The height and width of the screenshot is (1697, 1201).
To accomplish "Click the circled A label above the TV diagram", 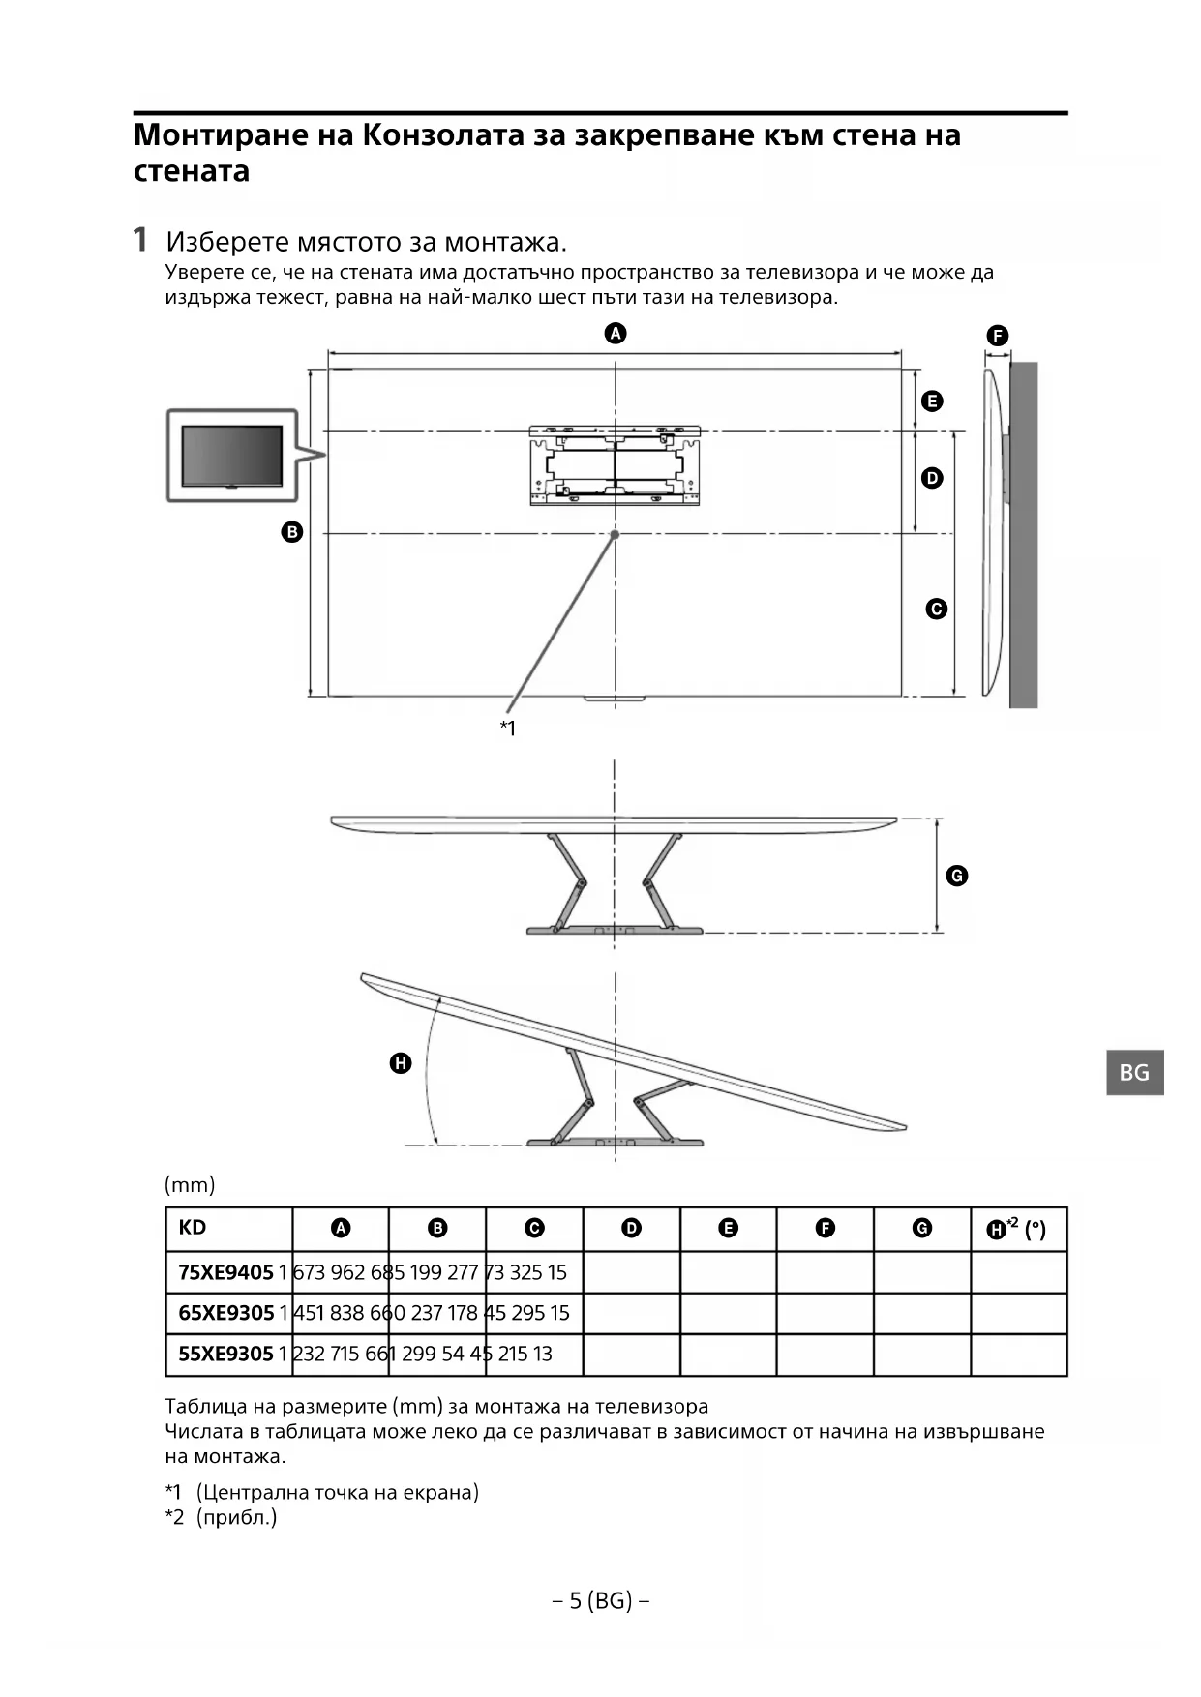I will click(x=616, y=334).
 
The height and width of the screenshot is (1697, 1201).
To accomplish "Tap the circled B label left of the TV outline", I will click(x=291, y=531).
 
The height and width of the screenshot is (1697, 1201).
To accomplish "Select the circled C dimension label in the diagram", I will click(x=936, y=609).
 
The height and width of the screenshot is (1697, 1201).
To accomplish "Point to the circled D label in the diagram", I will click(x=932, y=478).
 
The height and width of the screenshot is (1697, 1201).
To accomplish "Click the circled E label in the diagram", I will click(x=932, y=401).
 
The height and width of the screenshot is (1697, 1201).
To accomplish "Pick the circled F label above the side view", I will click(x=998, y=336).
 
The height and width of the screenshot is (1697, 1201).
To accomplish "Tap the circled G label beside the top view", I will click(x=956, y=876).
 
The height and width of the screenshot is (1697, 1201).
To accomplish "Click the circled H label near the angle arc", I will click(x=400, y=1063).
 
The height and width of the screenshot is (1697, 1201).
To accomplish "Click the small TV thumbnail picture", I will click(x=232, y=456).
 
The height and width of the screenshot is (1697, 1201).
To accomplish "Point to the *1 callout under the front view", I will click(x=508, y=728).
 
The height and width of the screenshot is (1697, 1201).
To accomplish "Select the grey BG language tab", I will click(x=1134, y=1072).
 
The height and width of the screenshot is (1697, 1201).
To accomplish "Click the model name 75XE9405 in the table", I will click(x=225, y=1272).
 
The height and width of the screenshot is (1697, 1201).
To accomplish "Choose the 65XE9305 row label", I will click(x=226, y=1313).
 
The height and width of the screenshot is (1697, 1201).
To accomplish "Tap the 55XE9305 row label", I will click(x=225, y=1354).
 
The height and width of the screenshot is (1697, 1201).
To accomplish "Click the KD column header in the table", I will click(x=193, y=1228).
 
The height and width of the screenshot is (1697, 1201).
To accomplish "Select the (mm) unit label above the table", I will click(x=190, y=1184).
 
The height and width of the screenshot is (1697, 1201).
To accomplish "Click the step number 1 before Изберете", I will click(x=141, y=239).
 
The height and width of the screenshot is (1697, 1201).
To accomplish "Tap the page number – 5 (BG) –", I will click(x=600, y=1601).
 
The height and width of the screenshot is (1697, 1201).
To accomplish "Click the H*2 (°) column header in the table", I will click(x=1016, y=1229).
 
